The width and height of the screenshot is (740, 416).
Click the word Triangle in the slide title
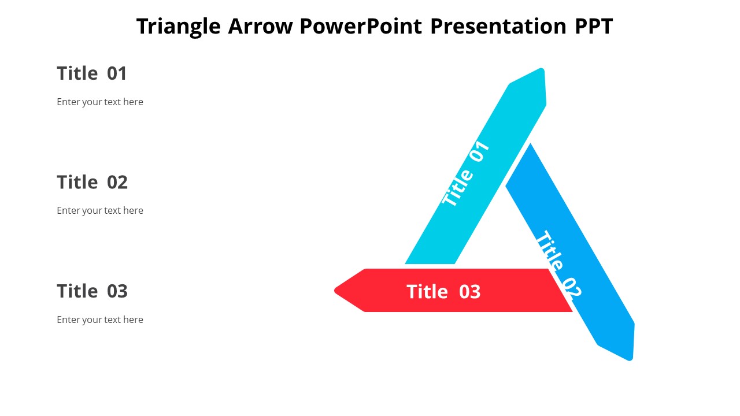tap(179, 27)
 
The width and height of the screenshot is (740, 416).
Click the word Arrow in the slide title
tap(261, 27)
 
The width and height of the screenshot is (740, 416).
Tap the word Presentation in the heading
tap(498, 27)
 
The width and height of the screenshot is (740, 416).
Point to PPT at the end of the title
tap(593, 27)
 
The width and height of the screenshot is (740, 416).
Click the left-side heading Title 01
tap(91, 73)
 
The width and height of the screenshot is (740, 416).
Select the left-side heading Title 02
tap(92, 182)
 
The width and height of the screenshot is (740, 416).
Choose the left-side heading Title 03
tap(92, 291)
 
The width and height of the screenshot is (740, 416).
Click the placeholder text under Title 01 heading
tap(99, 102)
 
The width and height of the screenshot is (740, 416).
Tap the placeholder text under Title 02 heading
tap(99, 210)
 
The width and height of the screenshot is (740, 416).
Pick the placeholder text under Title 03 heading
tap(99, 320)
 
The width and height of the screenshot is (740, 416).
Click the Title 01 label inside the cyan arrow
tap(466, 173)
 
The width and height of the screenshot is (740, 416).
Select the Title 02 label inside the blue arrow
tap(557, 263)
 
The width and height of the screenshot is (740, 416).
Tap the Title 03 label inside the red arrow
tap(443, 292)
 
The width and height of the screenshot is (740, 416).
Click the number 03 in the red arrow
tap(469, 292)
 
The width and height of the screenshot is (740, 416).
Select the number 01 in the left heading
tap(117, 73)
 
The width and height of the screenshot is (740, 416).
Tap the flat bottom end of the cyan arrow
tap(430, 262)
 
